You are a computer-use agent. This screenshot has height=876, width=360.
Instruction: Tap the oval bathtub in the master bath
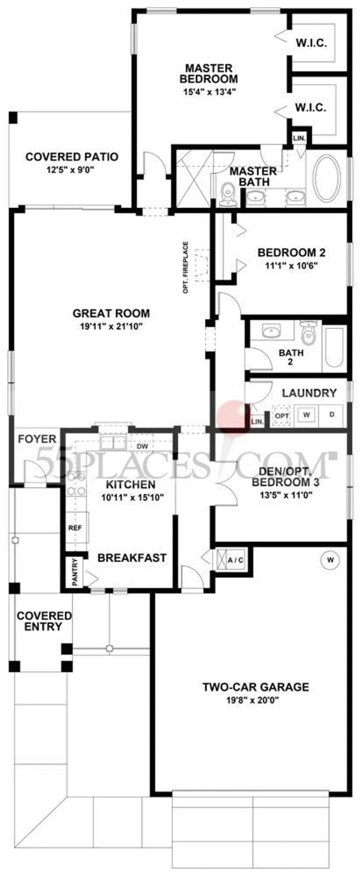pos(327,178)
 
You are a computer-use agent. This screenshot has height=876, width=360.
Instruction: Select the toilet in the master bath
pos(228,195)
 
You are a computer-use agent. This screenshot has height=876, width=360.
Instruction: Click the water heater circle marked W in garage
pos(331,559)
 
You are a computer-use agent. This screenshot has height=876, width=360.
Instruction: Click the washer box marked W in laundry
pos(307,415)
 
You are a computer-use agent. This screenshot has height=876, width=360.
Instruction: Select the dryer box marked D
pos(332,415)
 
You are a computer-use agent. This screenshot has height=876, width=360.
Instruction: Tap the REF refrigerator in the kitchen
pos(75,528)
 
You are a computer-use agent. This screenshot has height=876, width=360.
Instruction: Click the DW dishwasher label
pos(143,446)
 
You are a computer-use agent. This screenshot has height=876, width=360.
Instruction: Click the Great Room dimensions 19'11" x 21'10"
pos(111,326)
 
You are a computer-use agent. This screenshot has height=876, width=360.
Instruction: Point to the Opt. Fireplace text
pos(186,267)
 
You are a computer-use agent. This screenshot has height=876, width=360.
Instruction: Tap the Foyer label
pos(37,439)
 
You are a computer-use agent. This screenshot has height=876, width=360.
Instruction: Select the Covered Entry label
pos(44,621)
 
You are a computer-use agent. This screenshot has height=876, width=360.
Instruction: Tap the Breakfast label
pos(132,558)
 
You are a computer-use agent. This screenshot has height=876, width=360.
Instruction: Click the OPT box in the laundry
pos(282,415)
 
